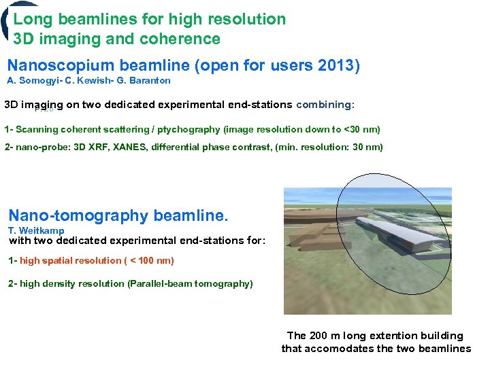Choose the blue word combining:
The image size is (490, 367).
point(325,105)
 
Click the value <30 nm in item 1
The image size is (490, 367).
point(360,129)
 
